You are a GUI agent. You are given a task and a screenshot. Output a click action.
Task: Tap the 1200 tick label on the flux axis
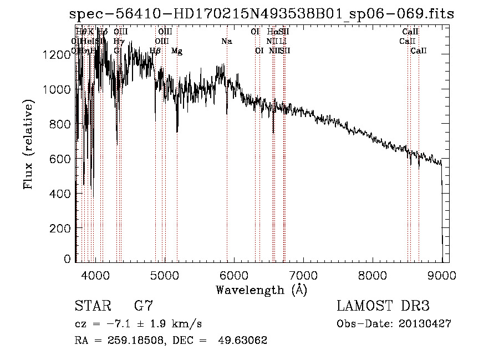pos(57,54)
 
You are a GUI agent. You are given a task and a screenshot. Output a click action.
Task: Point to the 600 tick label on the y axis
pos(61,159)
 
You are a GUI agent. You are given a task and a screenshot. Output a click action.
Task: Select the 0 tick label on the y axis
pos(67,259)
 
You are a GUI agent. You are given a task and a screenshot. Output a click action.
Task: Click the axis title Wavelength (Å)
pos(261,290)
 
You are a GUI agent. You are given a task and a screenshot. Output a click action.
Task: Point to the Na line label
pos(226,41)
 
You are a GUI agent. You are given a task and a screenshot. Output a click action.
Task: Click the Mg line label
pos(177,51)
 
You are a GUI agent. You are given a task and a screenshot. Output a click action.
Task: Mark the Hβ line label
pos(155,51)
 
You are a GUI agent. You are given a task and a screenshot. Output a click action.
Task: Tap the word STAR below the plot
pos(92,306)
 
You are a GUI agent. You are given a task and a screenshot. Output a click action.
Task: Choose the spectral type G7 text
pos(144,306)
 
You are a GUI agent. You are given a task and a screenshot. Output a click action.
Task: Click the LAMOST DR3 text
pos(383,306)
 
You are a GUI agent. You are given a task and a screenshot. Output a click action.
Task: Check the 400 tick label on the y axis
pos(61,194)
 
